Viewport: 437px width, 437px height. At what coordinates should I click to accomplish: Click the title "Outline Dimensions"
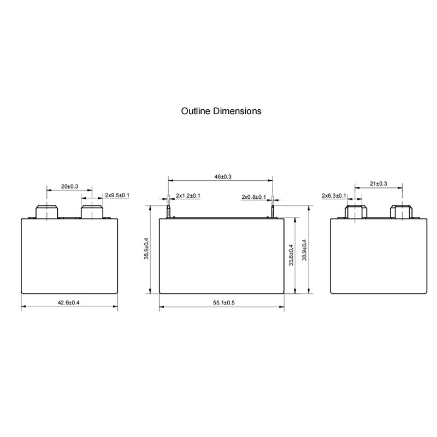pyautogui.click(x=221, y=111)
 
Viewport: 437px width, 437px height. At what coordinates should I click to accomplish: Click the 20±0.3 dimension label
pyautogui.click(x=70, y=186)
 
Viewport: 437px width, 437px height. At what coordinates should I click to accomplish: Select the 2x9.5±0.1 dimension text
pyautogui.click(x=117, y=195)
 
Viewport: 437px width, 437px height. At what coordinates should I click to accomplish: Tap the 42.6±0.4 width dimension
pyautogui.click(x=69, y=303)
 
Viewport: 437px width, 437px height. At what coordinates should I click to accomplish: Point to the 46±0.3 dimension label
pyautogui.click(x=223, y=176)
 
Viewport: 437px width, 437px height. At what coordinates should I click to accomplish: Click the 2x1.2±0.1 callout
pyautogui.click(x=188, y=196)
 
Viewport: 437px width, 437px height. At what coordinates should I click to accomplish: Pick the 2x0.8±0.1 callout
pyautogui.click(x=253, y=197)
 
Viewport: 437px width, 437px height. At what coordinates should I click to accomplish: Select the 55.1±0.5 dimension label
pyautogui.click(x=224, y=303)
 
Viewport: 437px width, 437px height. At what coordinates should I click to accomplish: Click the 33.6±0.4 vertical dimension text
pyautogui.click(x=291, y=255)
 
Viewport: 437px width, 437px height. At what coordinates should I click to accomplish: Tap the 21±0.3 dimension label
pyautogui.click(x=379, y=184)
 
